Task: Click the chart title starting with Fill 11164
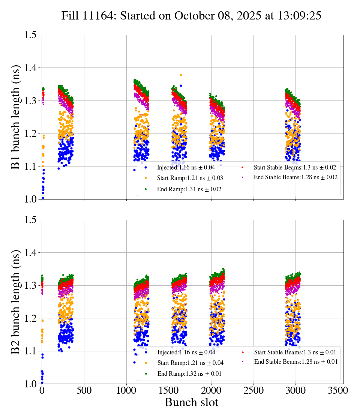[x=191, y=15]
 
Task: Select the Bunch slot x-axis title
[x=191, y=402]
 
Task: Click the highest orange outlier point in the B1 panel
[x=181, y=75]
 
